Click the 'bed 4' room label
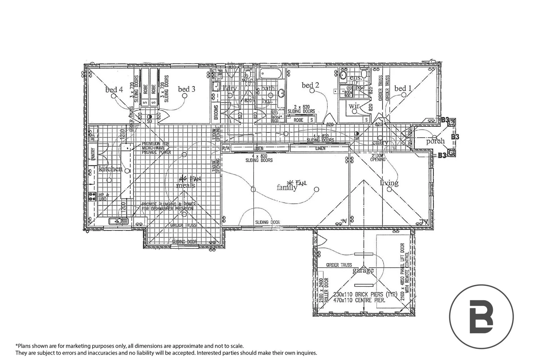[114, 89]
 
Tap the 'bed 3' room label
[186, 89]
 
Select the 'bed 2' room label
[310, 85]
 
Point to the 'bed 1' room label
[403, 88]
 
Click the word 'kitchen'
[111, 169]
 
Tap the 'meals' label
[185, 185]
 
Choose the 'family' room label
[287, 188]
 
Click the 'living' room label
[389, 183]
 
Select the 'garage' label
[363, 270]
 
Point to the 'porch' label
[435, 141]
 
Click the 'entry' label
[380, 143]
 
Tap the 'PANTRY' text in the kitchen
[93, 154]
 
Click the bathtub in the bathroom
[271, 73]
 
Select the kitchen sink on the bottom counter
[118, 221]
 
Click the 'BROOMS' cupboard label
[216, 112]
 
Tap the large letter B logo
[481, 316]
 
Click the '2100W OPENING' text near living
[378, 158]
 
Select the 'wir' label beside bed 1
[354, 106]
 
